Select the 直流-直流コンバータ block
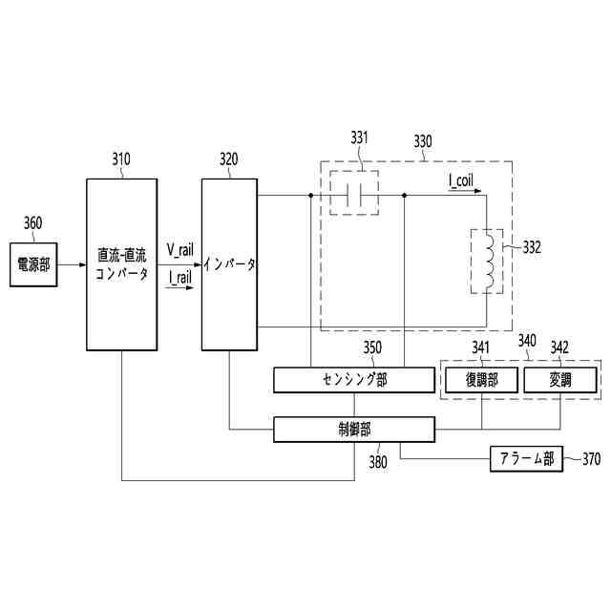[x=121, y=263]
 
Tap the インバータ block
[x=229, y=263]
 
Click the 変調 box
[x=560, y=380]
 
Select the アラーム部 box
[x=527, y=459]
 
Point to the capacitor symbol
[x=354, y=197]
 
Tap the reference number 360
[x=32, y=223]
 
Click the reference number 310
[x=121, y=159]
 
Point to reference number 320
[x=229, y=159]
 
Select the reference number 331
[x=359, y=139]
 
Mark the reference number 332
[x=532, y=246]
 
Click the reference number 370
[x=591, y=459]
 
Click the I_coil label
[x=460, y=179]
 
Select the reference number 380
[x=378, y=462]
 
